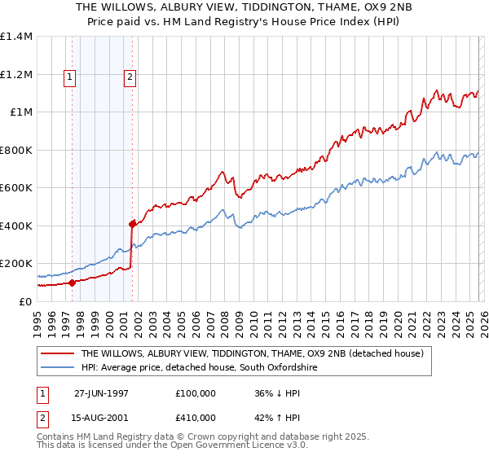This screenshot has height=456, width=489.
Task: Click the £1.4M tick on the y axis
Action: [16, 37]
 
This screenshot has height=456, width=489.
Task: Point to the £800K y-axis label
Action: [16, 150]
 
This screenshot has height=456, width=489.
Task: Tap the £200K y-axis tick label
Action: [16, 264]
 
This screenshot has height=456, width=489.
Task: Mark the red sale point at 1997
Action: [73, 283]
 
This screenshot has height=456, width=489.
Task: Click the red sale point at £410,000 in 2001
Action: [132, 223]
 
